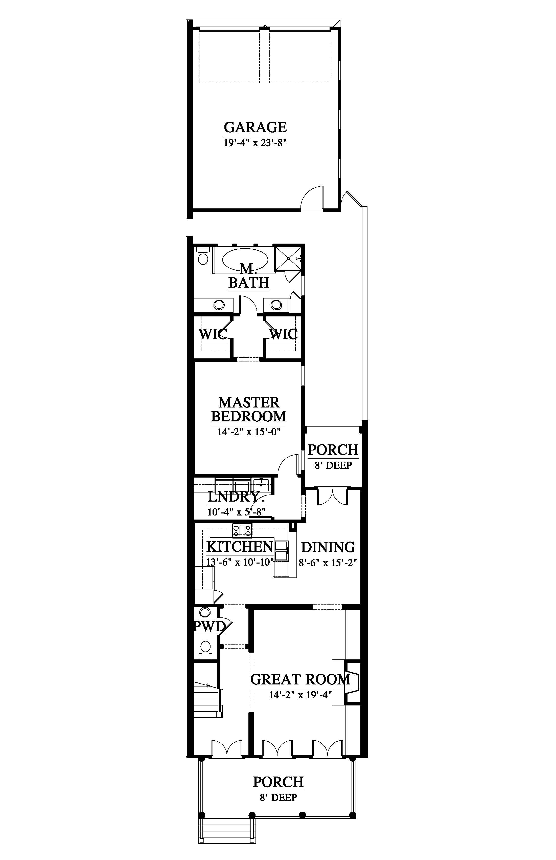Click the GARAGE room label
point(255,127)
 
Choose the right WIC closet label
point(283,334)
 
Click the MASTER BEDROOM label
point(249,410)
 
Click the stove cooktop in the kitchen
point(242,530)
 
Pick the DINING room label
point(328,547)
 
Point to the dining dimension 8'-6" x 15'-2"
point(328,563)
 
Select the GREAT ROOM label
point(300,679)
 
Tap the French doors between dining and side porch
point(332,497)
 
